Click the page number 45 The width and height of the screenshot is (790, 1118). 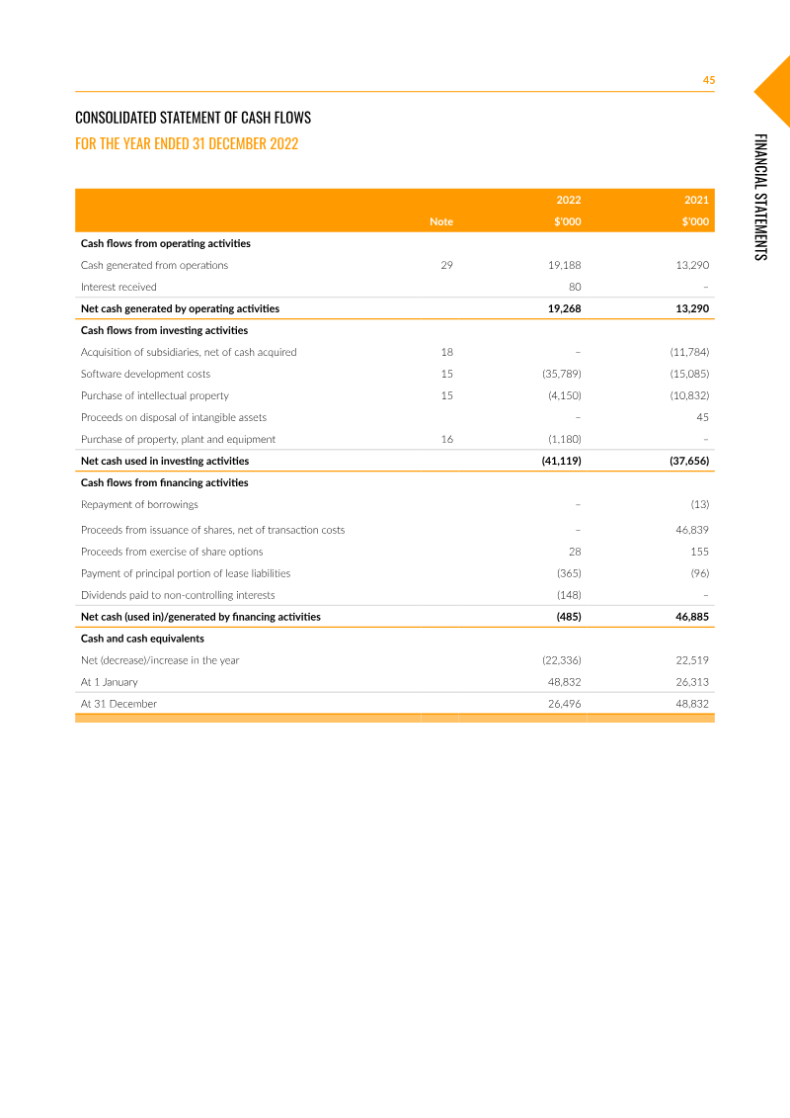tap(708, 80)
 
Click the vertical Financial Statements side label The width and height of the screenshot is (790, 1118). tap(760, 197)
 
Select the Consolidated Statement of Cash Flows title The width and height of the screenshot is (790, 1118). tap(193, 118)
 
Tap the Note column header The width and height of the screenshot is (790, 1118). tap(440, 221)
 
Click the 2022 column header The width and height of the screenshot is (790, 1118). tap(568, 200)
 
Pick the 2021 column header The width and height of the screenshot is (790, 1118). tap(696, 200)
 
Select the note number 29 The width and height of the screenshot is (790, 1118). tap(446, 265)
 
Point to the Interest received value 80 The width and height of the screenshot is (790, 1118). tap(574, 287)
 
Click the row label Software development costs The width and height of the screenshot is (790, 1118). tap(145, 374)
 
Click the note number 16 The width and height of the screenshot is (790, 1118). tap(446, 439)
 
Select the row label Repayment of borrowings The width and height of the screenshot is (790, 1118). tap(139, 504)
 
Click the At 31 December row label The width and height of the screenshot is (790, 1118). tap(118, 704)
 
